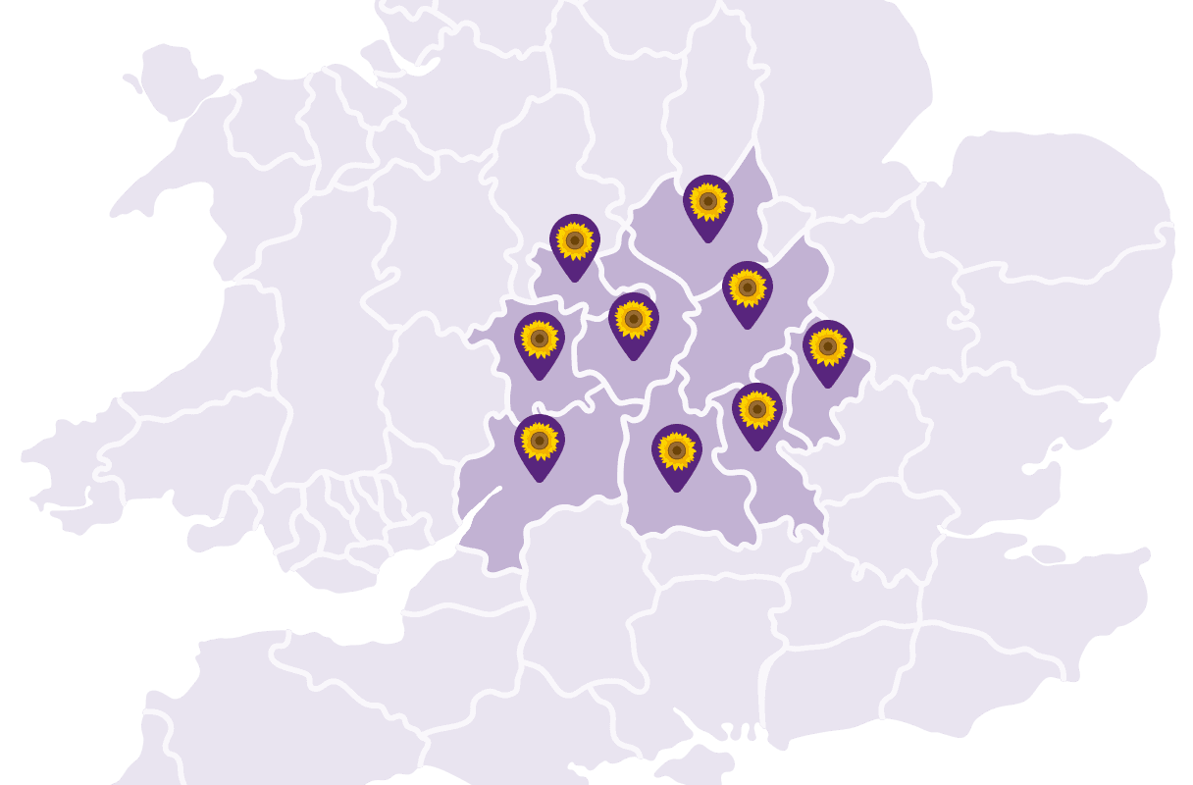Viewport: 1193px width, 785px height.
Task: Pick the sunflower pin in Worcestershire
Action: (x=540, y=340)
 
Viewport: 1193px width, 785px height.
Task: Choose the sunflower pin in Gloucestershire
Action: (x=540, y=442)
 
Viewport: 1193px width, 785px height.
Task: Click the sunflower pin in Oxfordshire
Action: (x=677, y=451)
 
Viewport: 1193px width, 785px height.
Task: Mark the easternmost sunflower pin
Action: (x=828, y=347)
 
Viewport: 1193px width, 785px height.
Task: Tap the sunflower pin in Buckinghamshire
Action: (x=757, y=410)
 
